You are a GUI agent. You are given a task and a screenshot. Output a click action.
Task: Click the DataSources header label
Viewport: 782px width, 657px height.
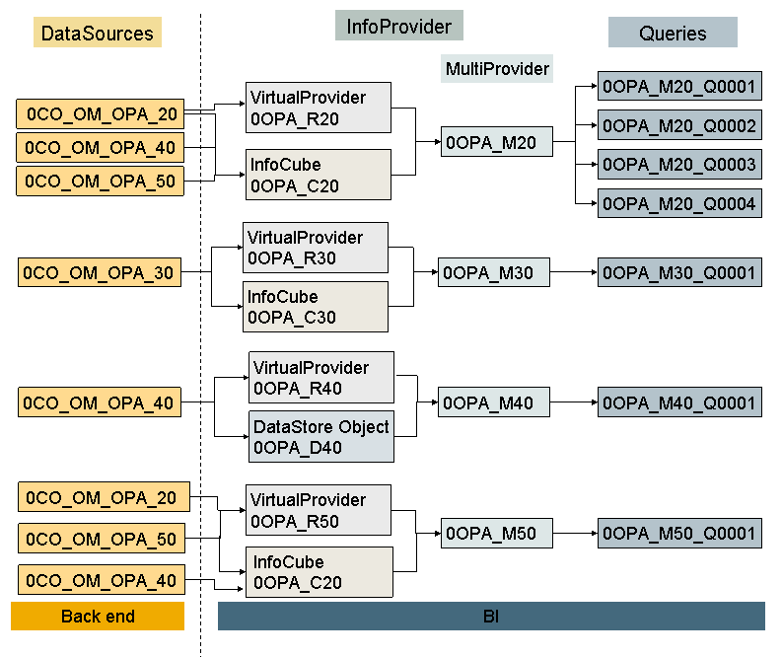pos(98,34)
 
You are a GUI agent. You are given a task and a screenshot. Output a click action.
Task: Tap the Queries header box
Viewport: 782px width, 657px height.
pos(673,33)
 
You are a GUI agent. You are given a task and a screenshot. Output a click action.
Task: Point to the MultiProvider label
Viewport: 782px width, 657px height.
pos(497,68)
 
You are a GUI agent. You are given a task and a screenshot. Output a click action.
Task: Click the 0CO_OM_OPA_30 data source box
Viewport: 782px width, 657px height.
pos(100,272)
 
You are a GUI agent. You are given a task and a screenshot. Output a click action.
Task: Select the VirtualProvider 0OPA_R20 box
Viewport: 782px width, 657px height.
pos(318,108)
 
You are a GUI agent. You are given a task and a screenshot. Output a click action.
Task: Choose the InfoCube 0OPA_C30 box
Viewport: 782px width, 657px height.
pos(316,307)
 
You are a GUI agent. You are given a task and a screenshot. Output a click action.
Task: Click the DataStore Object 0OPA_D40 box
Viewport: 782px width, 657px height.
pos(321,437)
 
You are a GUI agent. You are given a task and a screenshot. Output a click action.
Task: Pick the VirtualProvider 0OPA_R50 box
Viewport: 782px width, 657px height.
pos(320,510)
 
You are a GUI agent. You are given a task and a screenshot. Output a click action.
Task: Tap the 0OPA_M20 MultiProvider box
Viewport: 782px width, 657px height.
pos(496,143)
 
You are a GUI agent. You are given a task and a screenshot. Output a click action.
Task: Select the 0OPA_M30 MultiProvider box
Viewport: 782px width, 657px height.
pos(493,272)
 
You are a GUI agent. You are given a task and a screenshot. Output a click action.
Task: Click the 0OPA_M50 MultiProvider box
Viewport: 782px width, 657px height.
pos(496,534)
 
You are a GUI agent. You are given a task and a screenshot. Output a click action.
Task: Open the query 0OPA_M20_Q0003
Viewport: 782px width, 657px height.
pos(679,164)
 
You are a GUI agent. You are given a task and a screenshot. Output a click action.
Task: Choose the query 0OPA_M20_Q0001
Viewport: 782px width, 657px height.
pos(679,87)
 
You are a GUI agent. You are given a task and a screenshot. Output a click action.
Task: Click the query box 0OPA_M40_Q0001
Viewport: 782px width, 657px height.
pos(679,402)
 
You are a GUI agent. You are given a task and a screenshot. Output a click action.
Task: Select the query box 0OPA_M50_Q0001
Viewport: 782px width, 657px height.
pos(679,534)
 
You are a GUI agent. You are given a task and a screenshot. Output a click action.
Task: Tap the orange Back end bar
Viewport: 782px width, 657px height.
pos(98,617)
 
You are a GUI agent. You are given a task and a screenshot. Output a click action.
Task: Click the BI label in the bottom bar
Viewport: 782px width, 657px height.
pos(490,617)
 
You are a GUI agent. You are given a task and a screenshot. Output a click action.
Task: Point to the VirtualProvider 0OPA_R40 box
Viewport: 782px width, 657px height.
pos(321,377)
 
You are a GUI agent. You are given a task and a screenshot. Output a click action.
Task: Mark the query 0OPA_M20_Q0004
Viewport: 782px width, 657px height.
pos(679,203)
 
